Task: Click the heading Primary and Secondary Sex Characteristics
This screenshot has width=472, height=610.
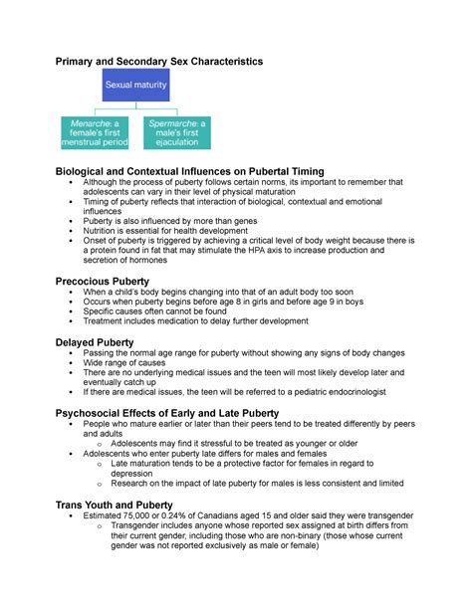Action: pyautogui.click(x=157, y=62)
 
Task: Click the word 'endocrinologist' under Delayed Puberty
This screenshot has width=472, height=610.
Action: pyautogui.click(x=369, y=392)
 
